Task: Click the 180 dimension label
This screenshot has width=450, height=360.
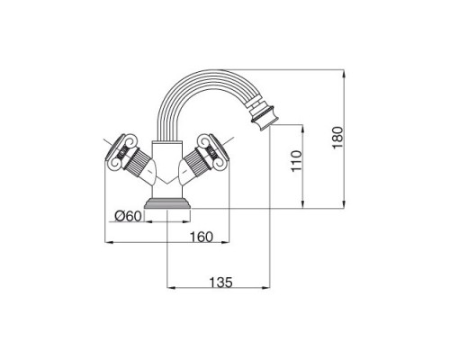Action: click(x=337, y=137)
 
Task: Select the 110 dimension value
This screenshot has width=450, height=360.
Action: click(x=297, y=161)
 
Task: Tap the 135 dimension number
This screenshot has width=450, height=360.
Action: click(x=220, y=283)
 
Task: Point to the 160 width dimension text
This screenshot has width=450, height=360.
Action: click(x=201, y=237)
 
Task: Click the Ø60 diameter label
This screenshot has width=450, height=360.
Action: click(x=128, y=216)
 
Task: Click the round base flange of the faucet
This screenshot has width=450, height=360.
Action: click(x=167, y=203)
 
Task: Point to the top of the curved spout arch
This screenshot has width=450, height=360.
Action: click(x=204, y=71)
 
